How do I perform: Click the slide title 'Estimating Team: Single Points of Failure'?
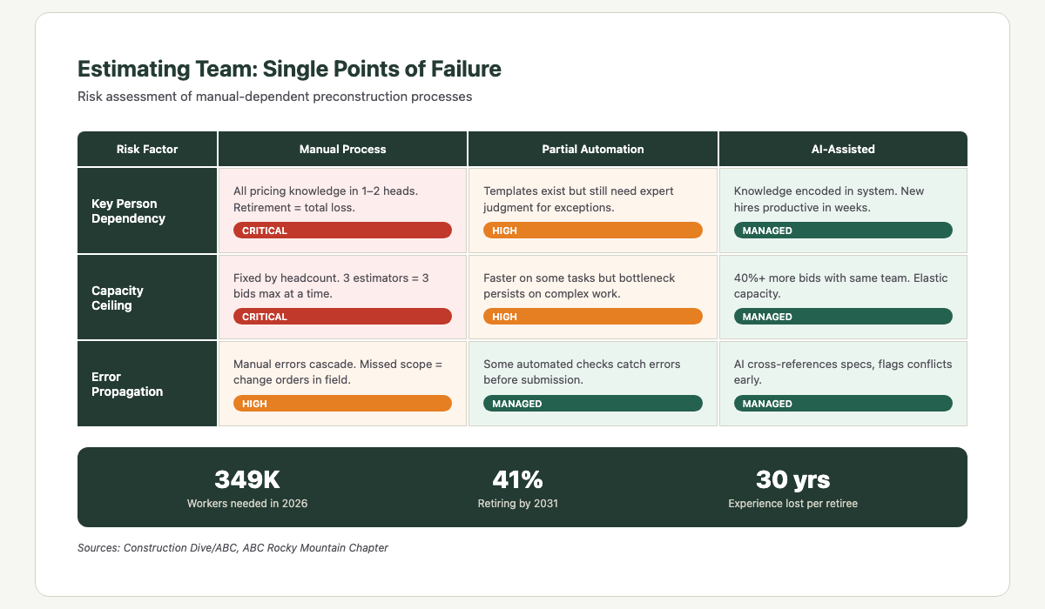[289, 69]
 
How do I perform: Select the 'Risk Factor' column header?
[146, 149]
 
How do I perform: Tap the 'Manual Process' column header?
[342, 149]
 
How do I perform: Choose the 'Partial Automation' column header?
[592, 149]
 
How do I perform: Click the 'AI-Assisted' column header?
[842, 149]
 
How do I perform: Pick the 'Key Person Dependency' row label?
[128, 211]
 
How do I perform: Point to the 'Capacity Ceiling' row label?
[118, 298]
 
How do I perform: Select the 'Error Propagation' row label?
[127, 385]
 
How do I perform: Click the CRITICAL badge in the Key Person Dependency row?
[342, 231]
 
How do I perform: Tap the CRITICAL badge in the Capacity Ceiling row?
[342, 317]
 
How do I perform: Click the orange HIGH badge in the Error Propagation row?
[342, 404]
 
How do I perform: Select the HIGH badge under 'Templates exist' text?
[592, 231]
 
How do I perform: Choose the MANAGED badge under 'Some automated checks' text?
[592, 404]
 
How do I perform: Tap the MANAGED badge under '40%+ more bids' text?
[842, 317]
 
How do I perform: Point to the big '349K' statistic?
[247, 479]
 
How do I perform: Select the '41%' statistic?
[517, 479]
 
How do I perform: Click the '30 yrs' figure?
[792, 479]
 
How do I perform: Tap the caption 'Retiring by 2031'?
[517, 504]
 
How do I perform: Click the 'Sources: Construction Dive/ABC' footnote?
[233, 548]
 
